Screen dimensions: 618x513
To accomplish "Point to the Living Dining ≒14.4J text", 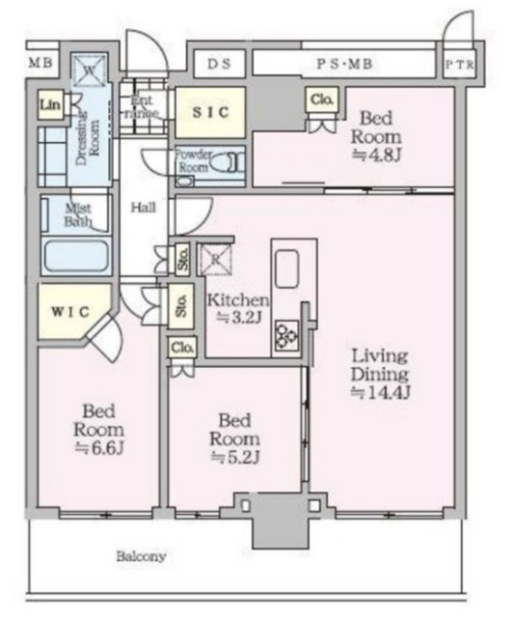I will tap(380, 372).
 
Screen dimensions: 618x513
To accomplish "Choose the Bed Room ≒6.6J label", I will tap(98, 428).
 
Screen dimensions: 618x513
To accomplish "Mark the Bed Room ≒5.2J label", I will tap(236, 438).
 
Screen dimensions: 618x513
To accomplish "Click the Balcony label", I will tap(142, 557).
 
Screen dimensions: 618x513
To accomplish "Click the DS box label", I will tap(218, 64).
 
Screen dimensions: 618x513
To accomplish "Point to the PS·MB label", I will tap(345, 64).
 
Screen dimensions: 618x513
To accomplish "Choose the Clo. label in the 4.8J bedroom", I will tap(321, 100).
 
